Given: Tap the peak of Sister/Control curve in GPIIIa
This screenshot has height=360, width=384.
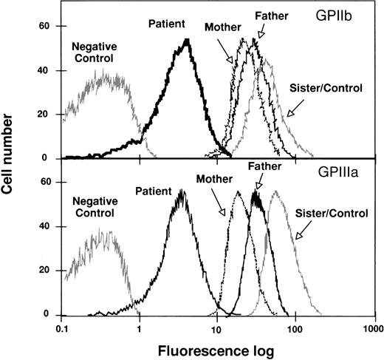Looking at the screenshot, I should [x=276, y=192].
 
